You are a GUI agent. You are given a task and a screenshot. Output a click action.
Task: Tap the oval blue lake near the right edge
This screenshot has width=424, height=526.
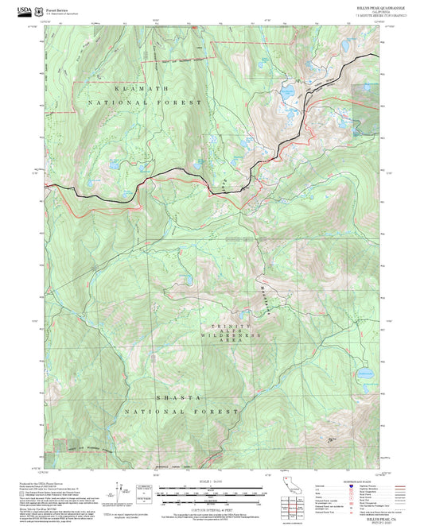tap(364, 373)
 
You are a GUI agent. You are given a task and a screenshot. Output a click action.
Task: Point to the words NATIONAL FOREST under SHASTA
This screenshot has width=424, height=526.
tap(181, 412)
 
